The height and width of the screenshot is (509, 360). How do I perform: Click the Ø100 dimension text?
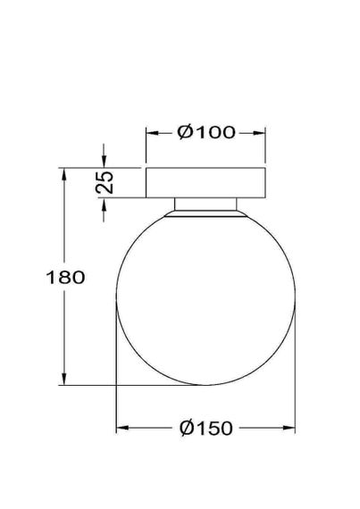coord(206,133)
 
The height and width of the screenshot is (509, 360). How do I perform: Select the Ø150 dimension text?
coord(206,430)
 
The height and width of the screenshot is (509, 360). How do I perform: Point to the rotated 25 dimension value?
coord(105,182)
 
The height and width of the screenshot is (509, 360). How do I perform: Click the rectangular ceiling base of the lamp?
coord(206,182)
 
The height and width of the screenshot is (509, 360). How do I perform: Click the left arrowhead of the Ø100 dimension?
coord(152,133)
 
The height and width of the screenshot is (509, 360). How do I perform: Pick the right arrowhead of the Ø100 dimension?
coord(261,133)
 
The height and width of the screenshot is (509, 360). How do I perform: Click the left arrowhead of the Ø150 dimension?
coord(122,430)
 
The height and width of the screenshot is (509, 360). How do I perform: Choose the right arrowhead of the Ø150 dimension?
coord(290,430)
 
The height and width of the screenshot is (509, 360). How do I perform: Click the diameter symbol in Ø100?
coord(185,133)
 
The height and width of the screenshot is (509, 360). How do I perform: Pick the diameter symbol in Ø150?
coord(185,430)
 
